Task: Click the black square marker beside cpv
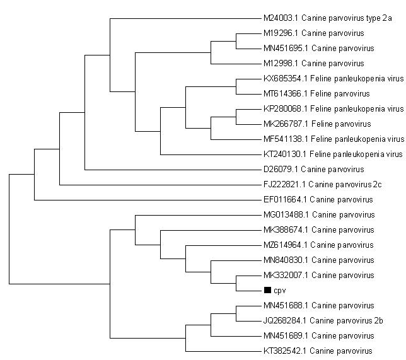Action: click(267, 290)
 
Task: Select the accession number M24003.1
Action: click(281, 18)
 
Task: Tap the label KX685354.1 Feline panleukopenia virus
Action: click(333, 78)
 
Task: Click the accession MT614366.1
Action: click(286, 93)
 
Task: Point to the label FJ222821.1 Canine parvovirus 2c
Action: click(322, 184)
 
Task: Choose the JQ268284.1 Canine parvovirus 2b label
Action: click(323, 321)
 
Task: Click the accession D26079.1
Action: click(281, 170)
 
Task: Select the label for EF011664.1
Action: click(318, 200)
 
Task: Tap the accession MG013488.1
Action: click(286, 215)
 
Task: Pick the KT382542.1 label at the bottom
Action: click(318, 351)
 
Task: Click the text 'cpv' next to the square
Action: click(280, 291)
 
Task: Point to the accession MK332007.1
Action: click(286, 276)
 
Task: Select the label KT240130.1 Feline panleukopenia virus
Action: click(333, 154)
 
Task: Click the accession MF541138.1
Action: click(286, 139)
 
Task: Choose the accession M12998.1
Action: click(281, 64)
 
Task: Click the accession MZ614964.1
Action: click(286, 245)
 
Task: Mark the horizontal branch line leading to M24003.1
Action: click(185, 18)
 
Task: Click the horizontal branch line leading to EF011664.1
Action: click(148, 200)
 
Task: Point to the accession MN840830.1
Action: click(286, 260)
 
